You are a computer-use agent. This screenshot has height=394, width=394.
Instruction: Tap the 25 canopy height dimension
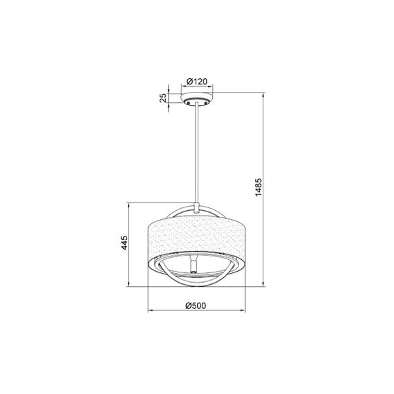point(164,98)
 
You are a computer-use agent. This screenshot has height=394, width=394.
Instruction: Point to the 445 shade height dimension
point(125,243)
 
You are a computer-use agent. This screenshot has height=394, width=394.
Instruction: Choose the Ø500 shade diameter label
point(197,306)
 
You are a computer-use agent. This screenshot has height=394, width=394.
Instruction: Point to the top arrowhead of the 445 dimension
point(131,205)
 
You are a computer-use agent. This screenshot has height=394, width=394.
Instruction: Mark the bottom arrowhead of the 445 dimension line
point(131,281)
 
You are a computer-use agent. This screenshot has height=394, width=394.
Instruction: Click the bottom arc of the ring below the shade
point(198,280)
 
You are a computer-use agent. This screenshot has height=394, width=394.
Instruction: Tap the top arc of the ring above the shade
point(198,207)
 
